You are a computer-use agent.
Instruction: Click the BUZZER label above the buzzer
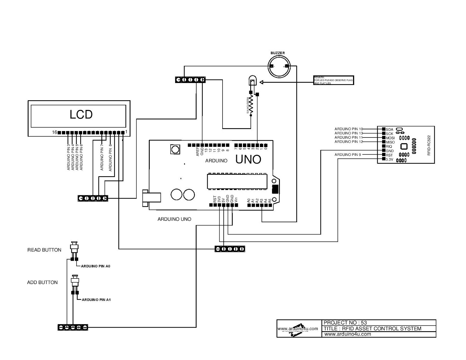278,53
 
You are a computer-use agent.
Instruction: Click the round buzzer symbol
279,66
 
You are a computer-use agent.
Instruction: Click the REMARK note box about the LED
333,80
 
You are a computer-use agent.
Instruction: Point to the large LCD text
81,114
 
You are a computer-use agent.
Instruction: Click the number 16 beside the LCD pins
54,132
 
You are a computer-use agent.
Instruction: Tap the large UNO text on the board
248,159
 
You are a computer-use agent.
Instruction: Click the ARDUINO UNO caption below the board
174,219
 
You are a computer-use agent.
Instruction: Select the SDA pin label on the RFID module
389,130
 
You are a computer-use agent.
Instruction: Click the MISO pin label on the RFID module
390,142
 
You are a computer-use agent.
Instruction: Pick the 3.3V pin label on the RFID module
389,160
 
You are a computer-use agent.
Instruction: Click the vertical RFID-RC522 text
429,145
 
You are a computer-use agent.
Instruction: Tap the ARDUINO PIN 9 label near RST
347,155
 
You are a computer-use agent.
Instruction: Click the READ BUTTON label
44,250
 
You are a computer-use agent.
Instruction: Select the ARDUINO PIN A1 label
96,300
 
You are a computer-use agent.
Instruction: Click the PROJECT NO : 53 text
345,322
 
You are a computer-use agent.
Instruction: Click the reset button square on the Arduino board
175,149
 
